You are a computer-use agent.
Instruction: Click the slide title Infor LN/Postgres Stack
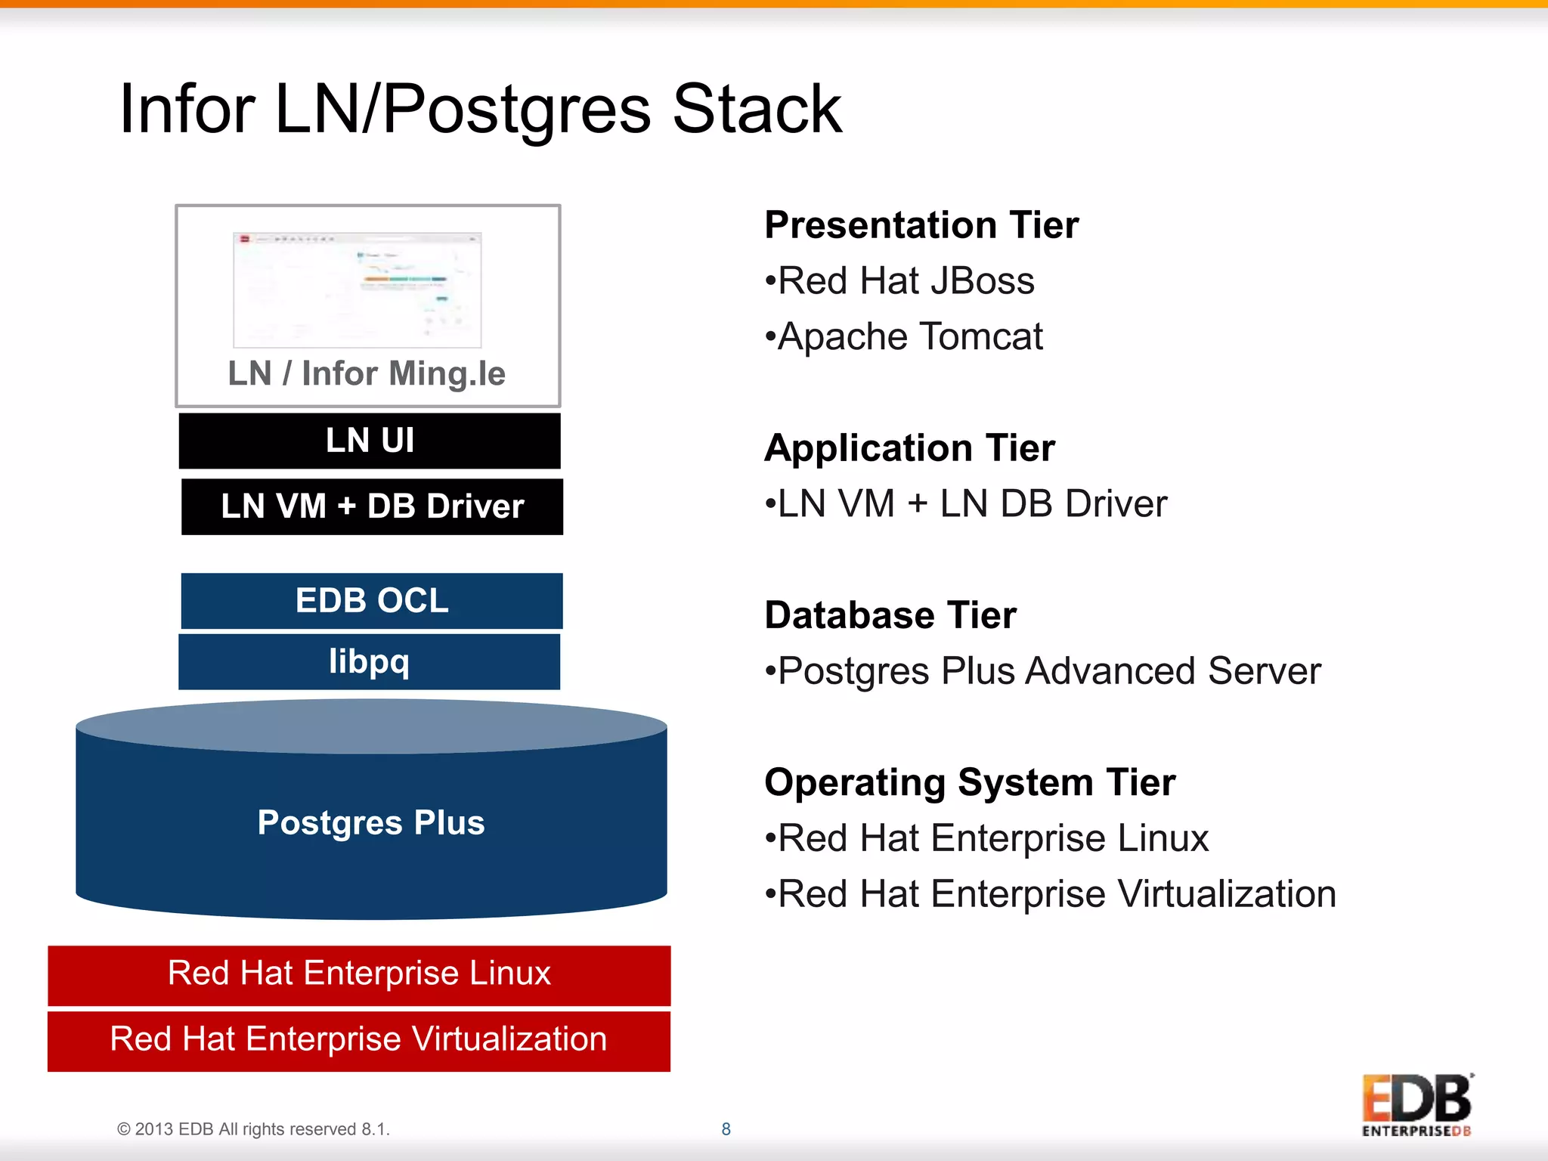click(x=481, y=110)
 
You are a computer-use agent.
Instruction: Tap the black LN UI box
click(x=370, y=441)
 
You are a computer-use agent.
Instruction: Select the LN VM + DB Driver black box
click(x=372, y=506)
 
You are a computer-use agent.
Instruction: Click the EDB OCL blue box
click(x=372, y=601)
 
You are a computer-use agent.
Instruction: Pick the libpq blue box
click(x=369, y=662)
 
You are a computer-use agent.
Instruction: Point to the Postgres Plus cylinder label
click(x=370, y=822)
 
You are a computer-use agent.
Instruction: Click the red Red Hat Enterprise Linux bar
click(x=359, y=974)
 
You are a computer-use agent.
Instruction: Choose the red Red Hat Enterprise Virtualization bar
click(x=359, y=1039)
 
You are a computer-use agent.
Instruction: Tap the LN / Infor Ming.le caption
click(x=367, y=373)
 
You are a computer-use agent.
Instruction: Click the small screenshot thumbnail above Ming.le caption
click(x=358, y=289)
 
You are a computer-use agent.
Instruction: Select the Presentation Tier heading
click(x=921, y=225)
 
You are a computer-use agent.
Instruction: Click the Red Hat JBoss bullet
click(x=899, y=281)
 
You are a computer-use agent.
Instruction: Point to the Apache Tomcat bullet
click(x=904, y=337)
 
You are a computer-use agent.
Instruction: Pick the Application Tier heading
click(x=909, y=448)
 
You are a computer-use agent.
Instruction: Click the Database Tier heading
click(x=890, y=615)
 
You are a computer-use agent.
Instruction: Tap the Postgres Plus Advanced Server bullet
click(x=1043, y=671)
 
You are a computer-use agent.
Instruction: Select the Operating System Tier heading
click(x=970, y=782)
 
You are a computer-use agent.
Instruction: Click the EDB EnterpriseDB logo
click(x=1417, y=1105)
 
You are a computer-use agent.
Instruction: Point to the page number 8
click(x=726, y=1129)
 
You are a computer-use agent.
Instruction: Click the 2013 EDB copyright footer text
click(x=253, y=1129)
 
